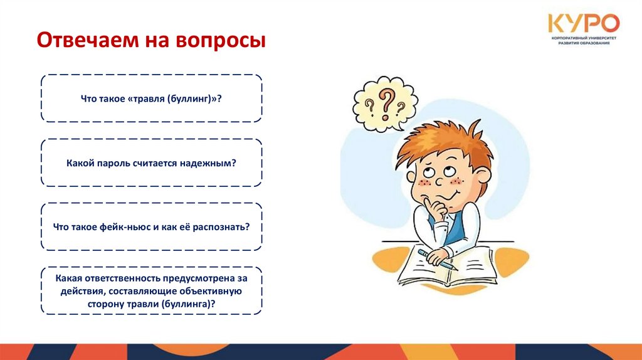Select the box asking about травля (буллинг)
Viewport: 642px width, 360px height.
[152, 98]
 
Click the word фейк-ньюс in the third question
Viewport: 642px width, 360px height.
[125, 226]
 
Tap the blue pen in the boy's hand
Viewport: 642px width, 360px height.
[438, 259]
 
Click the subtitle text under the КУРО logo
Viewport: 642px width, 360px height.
[583, 41]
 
